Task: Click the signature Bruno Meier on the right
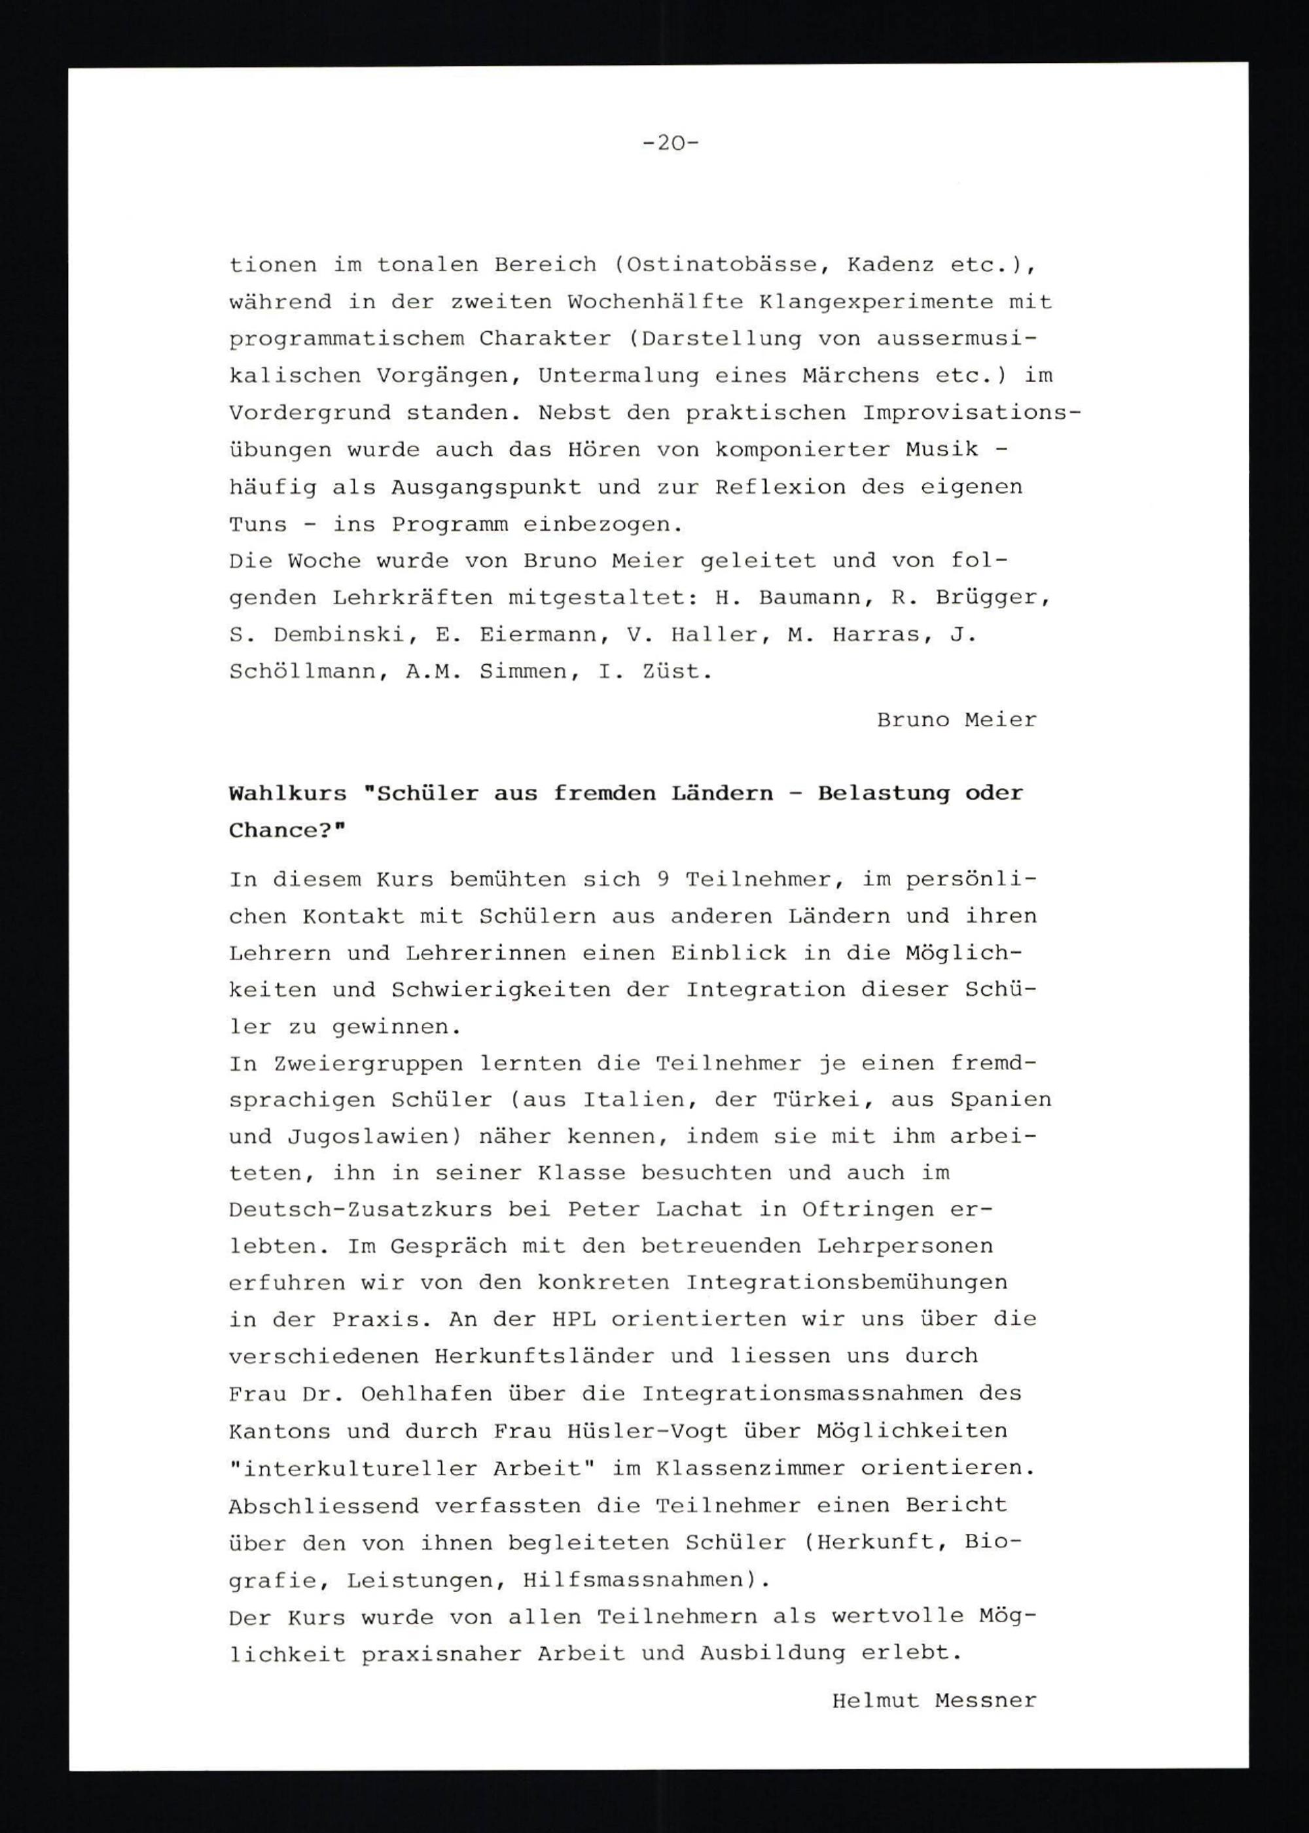(x=956, y=719)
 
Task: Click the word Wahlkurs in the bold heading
(x=287, y=794)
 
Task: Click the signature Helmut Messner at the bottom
(x=933, y=1701)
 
